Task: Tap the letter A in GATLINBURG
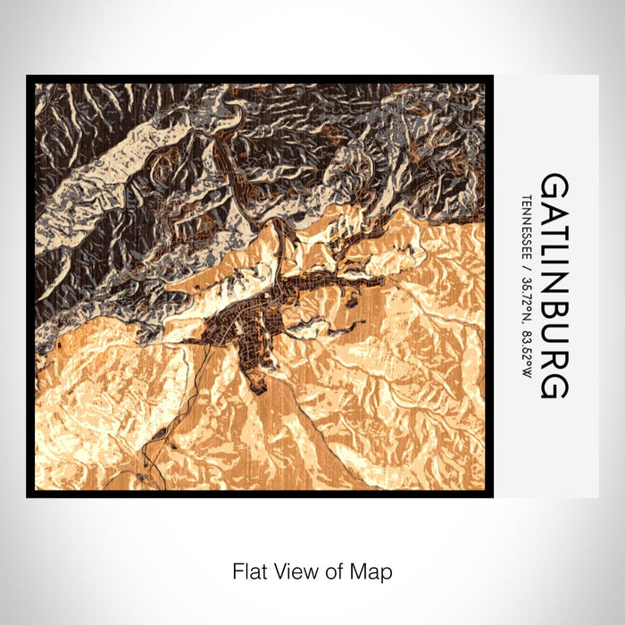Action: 554,211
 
